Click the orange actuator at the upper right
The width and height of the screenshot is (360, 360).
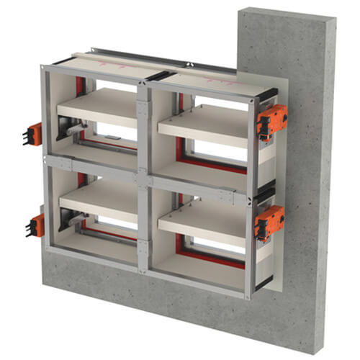pos(272,119)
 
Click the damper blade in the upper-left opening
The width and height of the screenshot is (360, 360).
pos(97,107)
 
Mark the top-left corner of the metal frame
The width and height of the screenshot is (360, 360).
pos(44,69)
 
